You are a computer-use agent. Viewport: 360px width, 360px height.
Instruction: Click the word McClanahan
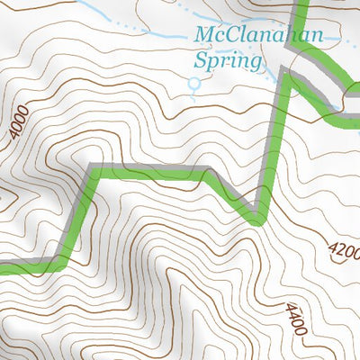point(260,38)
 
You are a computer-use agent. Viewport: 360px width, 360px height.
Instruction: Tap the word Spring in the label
point(229,61)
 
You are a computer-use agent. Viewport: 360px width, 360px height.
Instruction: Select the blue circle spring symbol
point(193,85)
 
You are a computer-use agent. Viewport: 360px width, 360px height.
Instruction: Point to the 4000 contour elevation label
point(20,122)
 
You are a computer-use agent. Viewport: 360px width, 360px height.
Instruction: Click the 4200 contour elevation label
point(343,248)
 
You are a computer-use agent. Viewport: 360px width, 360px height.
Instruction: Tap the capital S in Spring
point(202,61)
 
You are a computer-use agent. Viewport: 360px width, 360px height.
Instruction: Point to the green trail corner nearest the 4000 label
point(90,170)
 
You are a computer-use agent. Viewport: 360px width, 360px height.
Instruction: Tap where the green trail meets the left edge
point(2,267)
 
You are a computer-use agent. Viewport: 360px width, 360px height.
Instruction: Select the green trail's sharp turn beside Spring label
point(288,75)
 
